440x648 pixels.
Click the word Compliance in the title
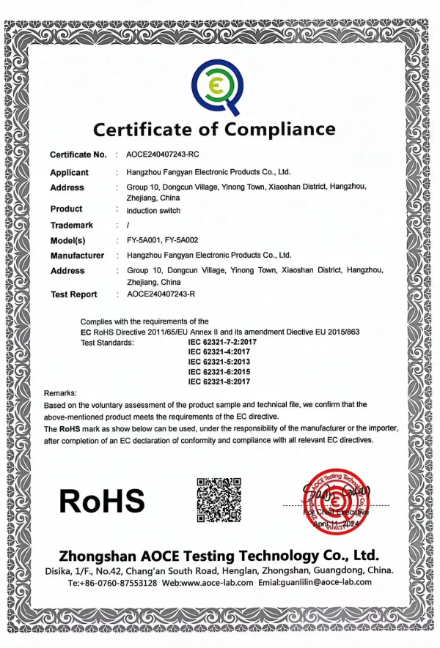pos(279,130)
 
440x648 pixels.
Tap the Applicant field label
pos(69,173)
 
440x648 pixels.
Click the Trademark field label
pos(72,225)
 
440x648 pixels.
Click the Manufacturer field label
pos(77,256)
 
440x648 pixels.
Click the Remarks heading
pos(60,394)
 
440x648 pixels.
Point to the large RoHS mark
pos(102,500)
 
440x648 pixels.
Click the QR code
pos(219,500)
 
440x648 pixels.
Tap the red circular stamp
pos(336,500)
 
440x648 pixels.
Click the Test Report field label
pos(73,294)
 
